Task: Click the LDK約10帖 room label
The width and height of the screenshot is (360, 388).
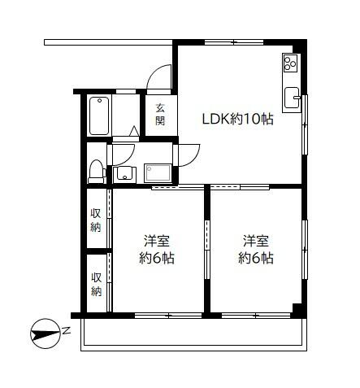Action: point(237,119)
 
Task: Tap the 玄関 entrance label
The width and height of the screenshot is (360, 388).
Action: point(160,115)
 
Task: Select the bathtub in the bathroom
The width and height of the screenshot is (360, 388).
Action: point(99,116)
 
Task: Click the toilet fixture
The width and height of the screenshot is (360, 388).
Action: point(97,171)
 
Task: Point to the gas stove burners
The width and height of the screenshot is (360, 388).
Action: point(291,63)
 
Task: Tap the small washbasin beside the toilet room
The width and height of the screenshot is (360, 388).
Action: point(125,172)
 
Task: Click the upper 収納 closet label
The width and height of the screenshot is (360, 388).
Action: point(96,220)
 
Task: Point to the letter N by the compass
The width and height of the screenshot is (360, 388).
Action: point(67,331)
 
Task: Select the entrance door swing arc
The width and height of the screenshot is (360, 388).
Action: point(158,80)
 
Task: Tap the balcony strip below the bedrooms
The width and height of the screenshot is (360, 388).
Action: point(193,334)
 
